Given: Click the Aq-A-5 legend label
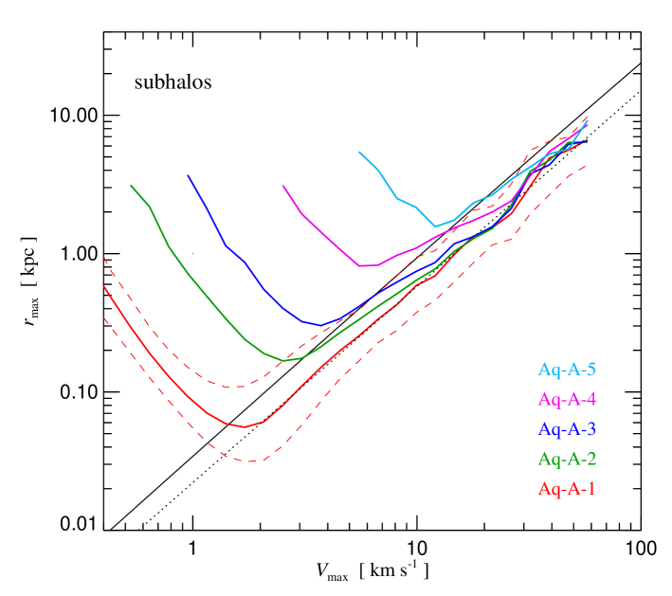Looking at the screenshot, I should (x=567, y=370).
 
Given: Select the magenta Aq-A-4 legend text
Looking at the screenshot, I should (x=567, y=399).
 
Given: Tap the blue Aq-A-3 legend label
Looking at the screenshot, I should (x=567, y=429).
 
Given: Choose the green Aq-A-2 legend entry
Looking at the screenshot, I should (x=567, y=460).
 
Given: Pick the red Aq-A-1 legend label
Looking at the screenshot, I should (x=567, y=489).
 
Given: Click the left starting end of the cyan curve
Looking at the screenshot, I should (x=359, y=152).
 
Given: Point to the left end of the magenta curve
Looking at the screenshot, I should (x=283, y=186).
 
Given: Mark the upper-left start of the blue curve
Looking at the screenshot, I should (x=189, y=175).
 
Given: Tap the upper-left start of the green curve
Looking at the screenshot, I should (x=132, y=185).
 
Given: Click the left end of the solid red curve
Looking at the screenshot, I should (x=104, y=286).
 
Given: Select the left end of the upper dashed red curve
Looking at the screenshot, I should (x=104, y=257).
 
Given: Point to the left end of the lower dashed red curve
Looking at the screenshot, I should (x=104, y=317).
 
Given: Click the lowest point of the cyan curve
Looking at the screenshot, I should (x=435, y=226).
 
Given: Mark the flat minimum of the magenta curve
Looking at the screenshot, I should (x=368, y=265).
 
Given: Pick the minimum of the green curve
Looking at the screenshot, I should (x=289, y=360).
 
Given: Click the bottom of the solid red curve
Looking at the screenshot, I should (x=245, y=426).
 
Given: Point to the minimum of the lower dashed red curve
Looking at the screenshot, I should (x=250, y=461).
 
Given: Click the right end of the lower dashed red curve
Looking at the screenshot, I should (x=586, y=166).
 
